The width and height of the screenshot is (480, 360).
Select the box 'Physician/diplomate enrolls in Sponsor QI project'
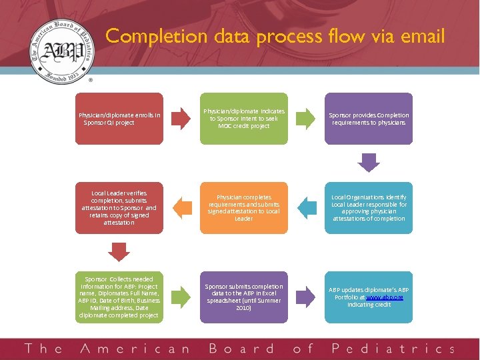pos(119,119)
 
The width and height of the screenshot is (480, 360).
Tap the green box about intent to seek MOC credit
pos(244,119)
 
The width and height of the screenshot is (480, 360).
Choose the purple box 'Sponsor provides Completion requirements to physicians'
pos(369,119)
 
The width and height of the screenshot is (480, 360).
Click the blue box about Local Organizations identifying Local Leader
pos(369,208)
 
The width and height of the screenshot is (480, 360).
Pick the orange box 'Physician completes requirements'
pos(244,208)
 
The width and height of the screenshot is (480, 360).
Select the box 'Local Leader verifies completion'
pos(119,208)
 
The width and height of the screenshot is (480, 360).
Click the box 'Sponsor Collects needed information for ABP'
pos(119,297)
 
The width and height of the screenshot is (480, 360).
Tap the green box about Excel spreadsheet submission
pos(244,297)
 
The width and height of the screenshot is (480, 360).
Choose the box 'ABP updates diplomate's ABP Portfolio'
pos(369,297)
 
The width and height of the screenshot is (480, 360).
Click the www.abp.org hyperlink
pos(386,297)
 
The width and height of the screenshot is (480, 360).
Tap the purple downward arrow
pos(369,162)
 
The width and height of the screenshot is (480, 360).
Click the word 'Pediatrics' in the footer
pos(393,349)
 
